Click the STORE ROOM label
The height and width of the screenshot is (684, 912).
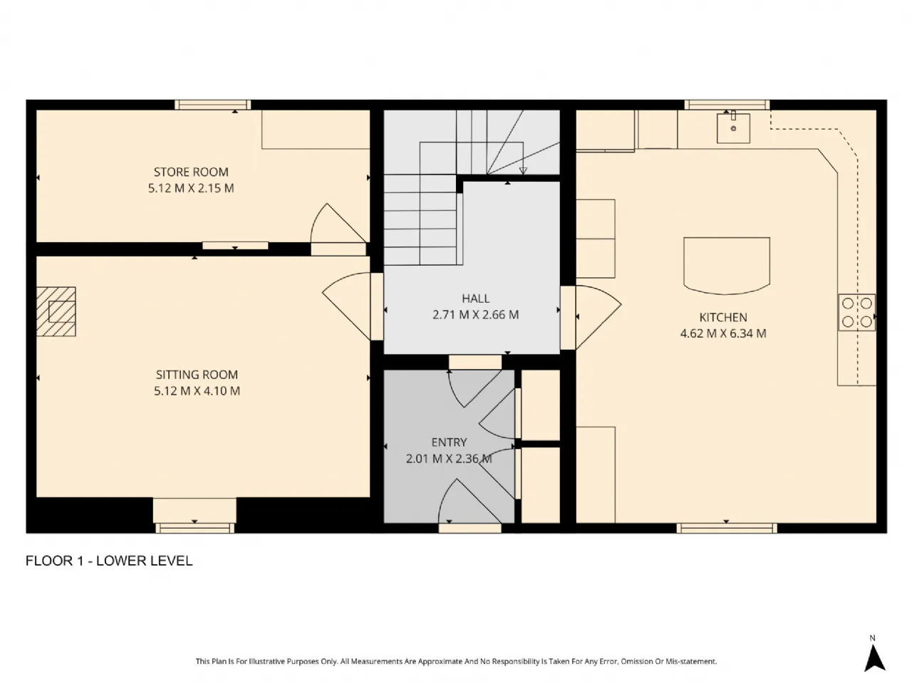point(191,172)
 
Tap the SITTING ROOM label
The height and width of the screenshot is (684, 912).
point(197,375)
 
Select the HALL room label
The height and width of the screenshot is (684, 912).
point(476,299)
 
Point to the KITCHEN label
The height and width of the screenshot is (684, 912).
point(723,317)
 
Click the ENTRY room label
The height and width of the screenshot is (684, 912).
point(449,442)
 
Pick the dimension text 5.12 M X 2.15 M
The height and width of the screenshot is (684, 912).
point(191,188)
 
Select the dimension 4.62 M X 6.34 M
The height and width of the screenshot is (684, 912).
point(723,333)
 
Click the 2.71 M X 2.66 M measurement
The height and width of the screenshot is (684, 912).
point(476,315)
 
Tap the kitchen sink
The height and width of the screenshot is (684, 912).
point(733,128)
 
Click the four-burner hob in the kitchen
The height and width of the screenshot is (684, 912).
point(856,312)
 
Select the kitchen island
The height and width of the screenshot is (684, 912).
point(727,266)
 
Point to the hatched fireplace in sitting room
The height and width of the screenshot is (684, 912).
point(56,311)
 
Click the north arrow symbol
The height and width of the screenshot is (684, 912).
point(875,658)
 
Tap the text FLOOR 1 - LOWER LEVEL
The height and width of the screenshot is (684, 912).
point(109,561)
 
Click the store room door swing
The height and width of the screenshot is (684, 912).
point(338,224)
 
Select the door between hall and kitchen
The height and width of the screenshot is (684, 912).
point(591,317)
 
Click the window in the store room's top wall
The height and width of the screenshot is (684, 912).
point(213,105)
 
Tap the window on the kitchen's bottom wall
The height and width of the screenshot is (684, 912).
point(727,528)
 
